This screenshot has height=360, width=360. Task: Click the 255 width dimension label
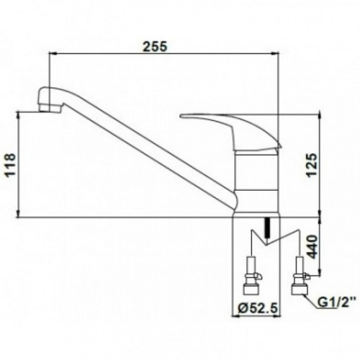click(154, 47)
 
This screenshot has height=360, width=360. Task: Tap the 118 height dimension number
click(11, 165)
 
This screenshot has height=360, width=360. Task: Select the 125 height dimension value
click(312, 165)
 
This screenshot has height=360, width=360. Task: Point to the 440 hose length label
click(312, 247)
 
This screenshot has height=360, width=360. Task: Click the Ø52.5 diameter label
click(258, 307)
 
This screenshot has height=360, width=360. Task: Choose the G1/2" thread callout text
click(336, 303)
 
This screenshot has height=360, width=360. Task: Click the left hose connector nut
click(251, 289)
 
